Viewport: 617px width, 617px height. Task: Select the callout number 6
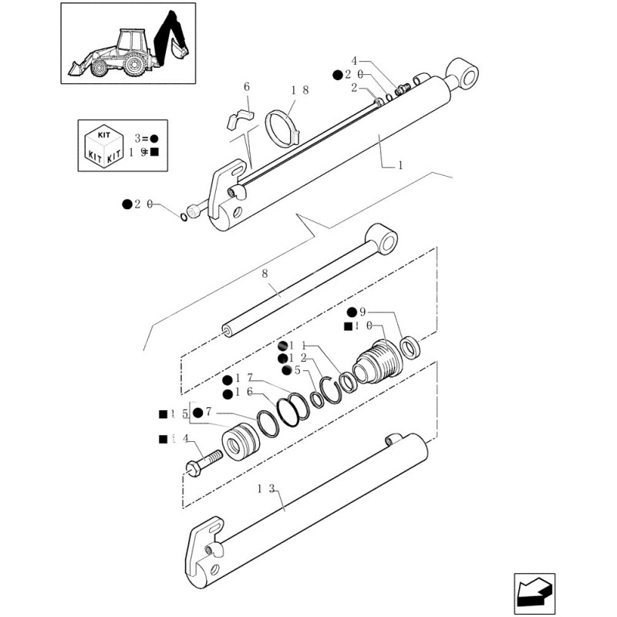[x=248, y=87]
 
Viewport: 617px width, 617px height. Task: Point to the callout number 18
[x=300, y=90]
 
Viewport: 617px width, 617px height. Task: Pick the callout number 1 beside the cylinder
[x=400, y=165]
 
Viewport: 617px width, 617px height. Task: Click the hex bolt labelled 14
[x=203, y=462]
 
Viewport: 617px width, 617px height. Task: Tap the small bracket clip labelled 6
[x=238, y=118]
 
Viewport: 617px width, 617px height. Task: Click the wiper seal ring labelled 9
[x=410, y=347]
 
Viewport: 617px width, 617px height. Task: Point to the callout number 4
[x=355, y=61]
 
